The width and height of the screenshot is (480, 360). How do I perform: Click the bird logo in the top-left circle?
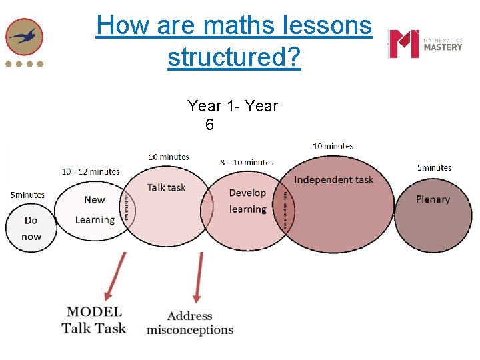pyautogui.click(x=25, y=37)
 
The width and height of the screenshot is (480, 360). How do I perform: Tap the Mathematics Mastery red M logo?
pyautogui.click(x=404, y=44)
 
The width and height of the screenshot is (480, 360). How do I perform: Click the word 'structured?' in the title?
pyautogui.click(x=234, y=58)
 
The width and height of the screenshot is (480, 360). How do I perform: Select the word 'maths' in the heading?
pyautogui.click(x=253, y=25)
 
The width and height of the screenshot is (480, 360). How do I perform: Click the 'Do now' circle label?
pyautogui.click(x=31, y=228)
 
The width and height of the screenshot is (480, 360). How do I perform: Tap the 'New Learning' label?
pyautogui.click(x=95, y=209)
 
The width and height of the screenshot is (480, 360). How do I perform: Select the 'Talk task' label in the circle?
pyautogui.click(x=166, y=187)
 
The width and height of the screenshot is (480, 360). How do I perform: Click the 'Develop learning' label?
pyautogui.click(x=247, y=201)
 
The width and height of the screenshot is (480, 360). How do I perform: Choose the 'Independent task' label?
pyautogui.click(x=333, y=179)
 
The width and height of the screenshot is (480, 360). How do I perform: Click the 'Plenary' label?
pyautogui.click(x=433, y=199)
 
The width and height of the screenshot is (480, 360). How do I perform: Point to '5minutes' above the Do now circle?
pyautogui.click(x=27, y=195)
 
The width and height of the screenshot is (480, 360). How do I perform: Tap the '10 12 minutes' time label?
pyautogui.click(x=91, y=171)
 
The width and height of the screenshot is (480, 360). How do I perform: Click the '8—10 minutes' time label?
pyautogui.click(x=246, y=162)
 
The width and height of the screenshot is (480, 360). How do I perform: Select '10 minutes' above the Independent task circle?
pyautogui.click(x=333, y=145)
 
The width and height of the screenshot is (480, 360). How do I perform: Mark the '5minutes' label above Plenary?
pyautogui.click(x=434, y=167)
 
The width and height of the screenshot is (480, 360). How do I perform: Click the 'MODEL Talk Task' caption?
pyautogui.click(x=94, y=319)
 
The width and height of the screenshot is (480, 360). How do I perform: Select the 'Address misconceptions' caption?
pyautogui.click(x=190, y=323)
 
